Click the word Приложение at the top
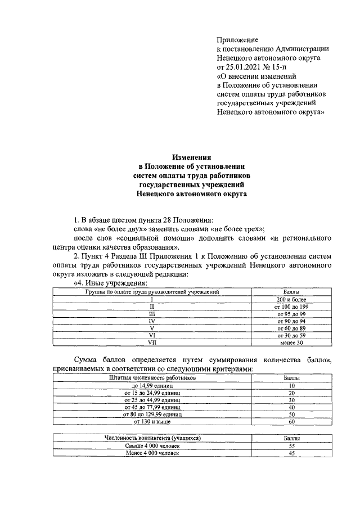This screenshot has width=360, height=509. (237, 40)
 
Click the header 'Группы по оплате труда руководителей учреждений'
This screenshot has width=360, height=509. (151, 292)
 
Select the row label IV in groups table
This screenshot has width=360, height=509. (151, 321)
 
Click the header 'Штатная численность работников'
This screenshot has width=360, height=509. (152, 379)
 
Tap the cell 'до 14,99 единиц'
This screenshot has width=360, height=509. (152, 386)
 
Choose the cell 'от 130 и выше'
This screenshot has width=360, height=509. (152, 421)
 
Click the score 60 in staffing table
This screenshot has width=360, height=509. (291, 421)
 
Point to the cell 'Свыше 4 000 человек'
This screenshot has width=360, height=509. (152, 445)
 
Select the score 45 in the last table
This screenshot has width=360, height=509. (291, 453)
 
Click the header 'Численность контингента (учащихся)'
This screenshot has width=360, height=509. (152, 438)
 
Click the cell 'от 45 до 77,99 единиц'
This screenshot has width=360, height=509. (152, 407)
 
